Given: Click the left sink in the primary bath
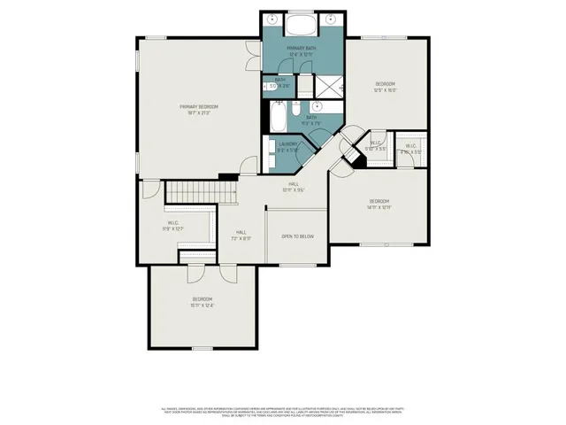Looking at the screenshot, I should pos(272,19).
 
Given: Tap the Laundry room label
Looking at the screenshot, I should pos(288,146).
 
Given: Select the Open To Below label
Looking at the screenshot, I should pos(297,236).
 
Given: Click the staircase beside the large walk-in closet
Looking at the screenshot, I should pos(203,189).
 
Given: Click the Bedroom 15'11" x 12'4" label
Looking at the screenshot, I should pos(203,302).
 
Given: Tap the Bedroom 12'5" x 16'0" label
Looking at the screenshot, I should pos(385,87).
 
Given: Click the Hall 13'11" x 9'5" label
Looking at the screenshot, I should pos(292,187).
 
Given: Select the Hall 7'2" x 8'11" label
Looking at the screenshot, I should pos(241,235).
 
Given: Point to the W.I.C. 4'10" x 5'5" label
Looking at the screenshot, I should pos(411,149).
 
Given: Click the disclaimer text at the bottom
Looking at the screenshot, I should pos(283,411).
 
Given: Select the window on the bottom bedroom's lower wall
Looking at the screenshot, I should pos(203,348).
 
